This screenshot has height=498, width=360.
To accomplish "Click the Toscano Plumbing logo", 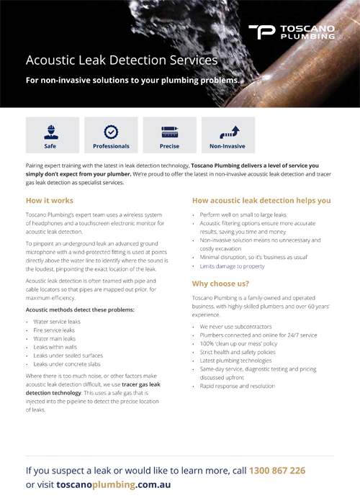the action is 291,31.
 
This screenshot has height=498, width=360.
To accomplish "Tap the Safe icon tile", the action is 50,135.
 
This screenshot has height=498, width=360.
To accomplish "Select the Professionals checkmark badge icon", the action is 111,132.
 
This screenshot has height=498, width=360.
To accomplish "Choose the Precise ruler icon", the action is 169,132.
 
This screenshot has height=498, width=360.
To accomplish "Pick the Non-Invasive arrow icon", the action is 228,132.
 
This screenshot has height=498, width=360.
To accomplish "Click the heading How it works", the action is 49,201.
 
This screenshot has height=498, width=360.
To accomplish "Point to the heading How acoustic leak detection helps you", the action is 261,201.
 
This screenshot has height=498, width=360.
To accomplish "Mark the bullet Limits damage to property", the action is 233,266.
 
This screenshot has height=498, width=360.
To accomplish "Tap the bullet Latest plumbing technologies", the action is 235,361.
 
